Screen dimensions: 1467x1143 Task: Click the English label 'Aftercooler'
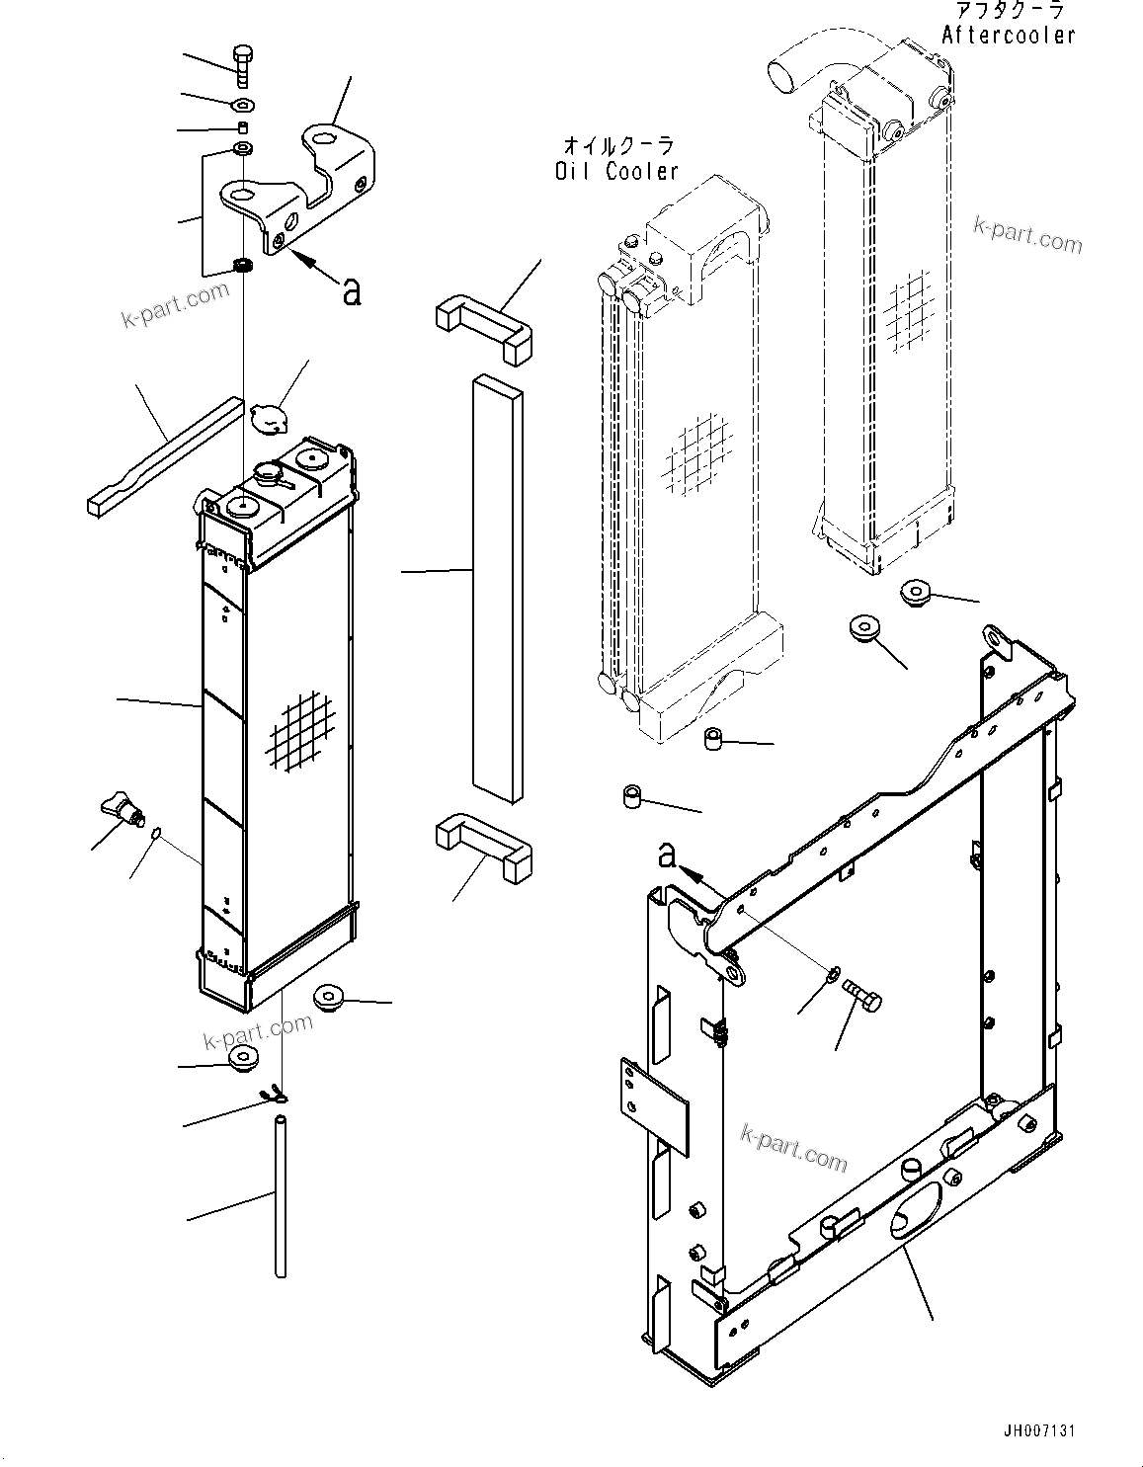point(1008,36)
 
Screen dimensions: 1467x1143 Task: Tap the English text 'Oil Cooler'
point(615,171)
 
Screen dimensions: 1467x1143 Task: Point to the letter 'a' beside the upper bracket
point(351,290)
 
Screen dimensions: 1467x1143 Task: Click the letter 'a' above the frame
point(668,856)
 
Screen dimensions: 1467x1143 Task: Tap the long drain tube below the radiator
point(281,1195)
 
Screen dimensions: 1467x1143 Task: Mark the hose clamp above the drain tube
point(272,1094)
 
